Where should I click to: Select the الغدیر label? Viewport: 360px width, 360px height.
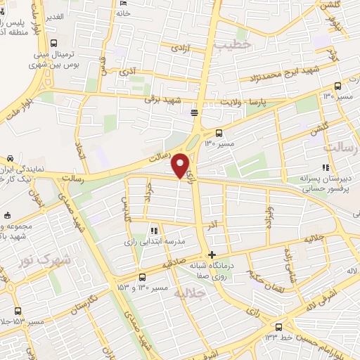pos(56,15)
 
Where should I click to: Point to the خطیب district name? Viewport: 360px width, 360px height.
pos(233,45)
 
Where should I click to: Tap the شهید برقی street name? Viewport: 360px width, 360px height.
pos(167,100)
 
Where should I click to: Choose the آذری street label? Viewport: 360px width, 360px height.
pos(129,71)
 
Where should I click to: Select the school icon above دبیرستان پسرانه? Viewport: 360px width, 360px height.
pos(325,167)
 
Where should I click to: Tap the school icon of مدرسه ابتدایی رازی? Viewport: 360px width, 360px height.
pos(153,230)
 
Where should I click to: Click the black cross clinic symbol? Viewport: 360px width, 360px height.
pos(212,255)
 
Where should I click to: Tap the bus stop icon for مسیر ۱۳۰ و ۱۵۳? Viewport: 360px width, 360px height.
pos(142,277)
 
